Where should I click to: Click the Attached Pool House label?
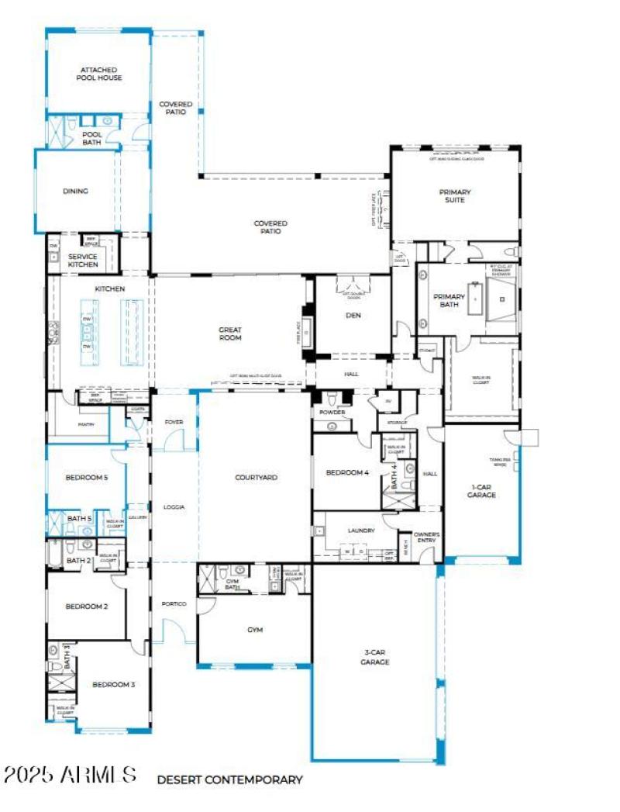98,74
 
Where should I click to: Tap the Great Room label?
230,333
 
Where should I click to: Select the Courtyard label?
256,478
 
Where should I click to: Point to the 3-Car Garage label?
374,658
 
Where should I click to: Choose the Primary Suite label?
455,196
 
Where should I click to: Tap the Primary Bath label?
449,300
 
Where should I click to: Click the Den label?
353,315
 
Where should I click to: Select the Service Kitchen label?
83,261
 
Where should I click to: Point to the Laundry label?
361,530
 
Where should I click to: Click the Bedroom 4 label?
347,472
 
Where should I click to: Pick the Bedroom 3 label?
114,684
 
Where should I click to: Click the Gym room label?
255,630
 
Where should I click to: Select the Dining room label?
75,191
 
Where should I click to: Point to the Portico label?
174,603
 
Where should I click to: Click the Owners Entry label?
427,537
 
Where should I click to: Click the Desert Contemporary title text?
229,779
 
